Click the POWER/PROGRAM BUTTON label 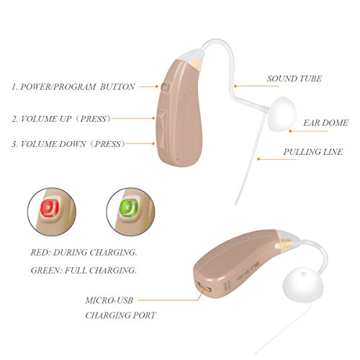(73, 87)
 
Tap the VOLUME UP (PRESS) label (62, 119)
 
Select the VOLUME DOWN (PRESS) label (69, 144)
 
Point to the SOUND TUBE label (294, 78)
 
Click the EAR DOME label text (325, 123)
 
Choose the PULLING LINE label (312, 152)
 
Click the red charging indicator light (50, 208)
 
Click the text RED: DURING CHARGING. (84, 253)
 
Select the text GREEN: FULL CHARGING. (84, 271)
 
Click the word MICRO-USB (109, 300)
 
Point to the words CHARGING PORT (120, 315)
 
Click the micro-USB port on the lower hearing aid (204, 287)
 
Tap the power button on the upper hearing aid (165, 87)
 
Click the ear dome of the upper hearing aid (282, 114)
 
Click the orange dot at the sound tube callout (235, 86)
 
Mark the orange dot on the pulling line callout (258, 159)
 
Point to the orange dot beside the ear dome (290, 131)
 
